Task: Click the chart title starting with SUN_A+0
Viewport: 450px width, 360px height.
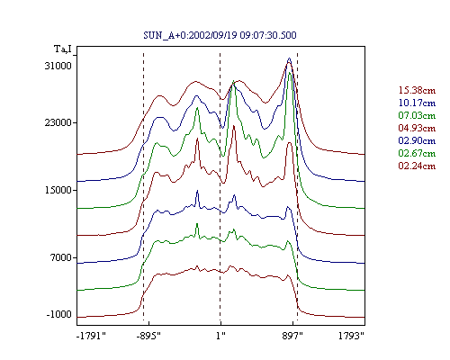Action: tap(220, 35)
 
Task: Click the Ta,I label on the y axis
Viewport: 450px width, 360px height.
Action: tap(63, 49)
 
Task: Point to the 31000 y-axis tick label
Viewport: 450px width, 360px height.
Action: tap(58, 66)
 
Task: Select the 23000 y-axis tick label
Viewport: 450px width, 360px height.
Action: tap(58, 122)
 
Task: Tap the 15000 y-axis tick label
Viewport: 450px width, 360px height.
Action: tap(58, 190)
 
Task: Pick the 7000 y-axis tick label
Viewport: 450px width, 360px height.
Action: tap(61, 257)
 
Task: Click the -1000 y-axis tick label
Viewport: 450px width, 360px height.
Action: tap(58, 314)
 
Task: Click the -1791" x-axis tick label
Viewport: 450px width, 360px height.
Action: tap(92, 336)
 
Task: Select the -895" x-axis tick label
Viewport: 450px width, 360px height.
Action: tap(148, 336)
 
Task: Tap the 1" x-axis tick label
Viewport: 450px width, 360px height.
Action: tap(220, 336)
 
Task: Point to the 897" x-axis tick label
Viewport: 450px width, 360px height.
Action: tap(292, 336)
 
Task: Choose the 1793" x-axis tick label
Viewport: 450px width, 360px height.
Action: tap(351, 336)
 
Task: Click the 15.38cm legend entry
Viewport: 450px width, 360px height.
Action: tap(417, 90)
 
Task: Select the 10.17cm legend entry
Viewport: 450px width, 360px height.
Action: tap(417, 103)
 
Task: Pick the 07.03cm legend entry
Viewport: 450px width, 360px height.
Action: tap(417, 115)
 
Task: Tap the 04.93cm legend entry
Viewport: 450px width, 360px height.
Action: tap(417, 128)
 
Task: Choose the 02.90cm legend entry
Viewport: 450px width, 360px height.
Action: tap(417, 140)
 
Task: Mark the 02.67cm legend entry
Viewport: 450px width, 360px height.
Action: tap(417, 153)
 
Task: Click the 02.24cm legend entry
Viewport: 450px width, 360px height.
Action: tap(417, 166)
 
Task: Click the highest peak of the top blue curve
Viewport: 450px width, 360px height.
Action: tap(289, 58)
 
